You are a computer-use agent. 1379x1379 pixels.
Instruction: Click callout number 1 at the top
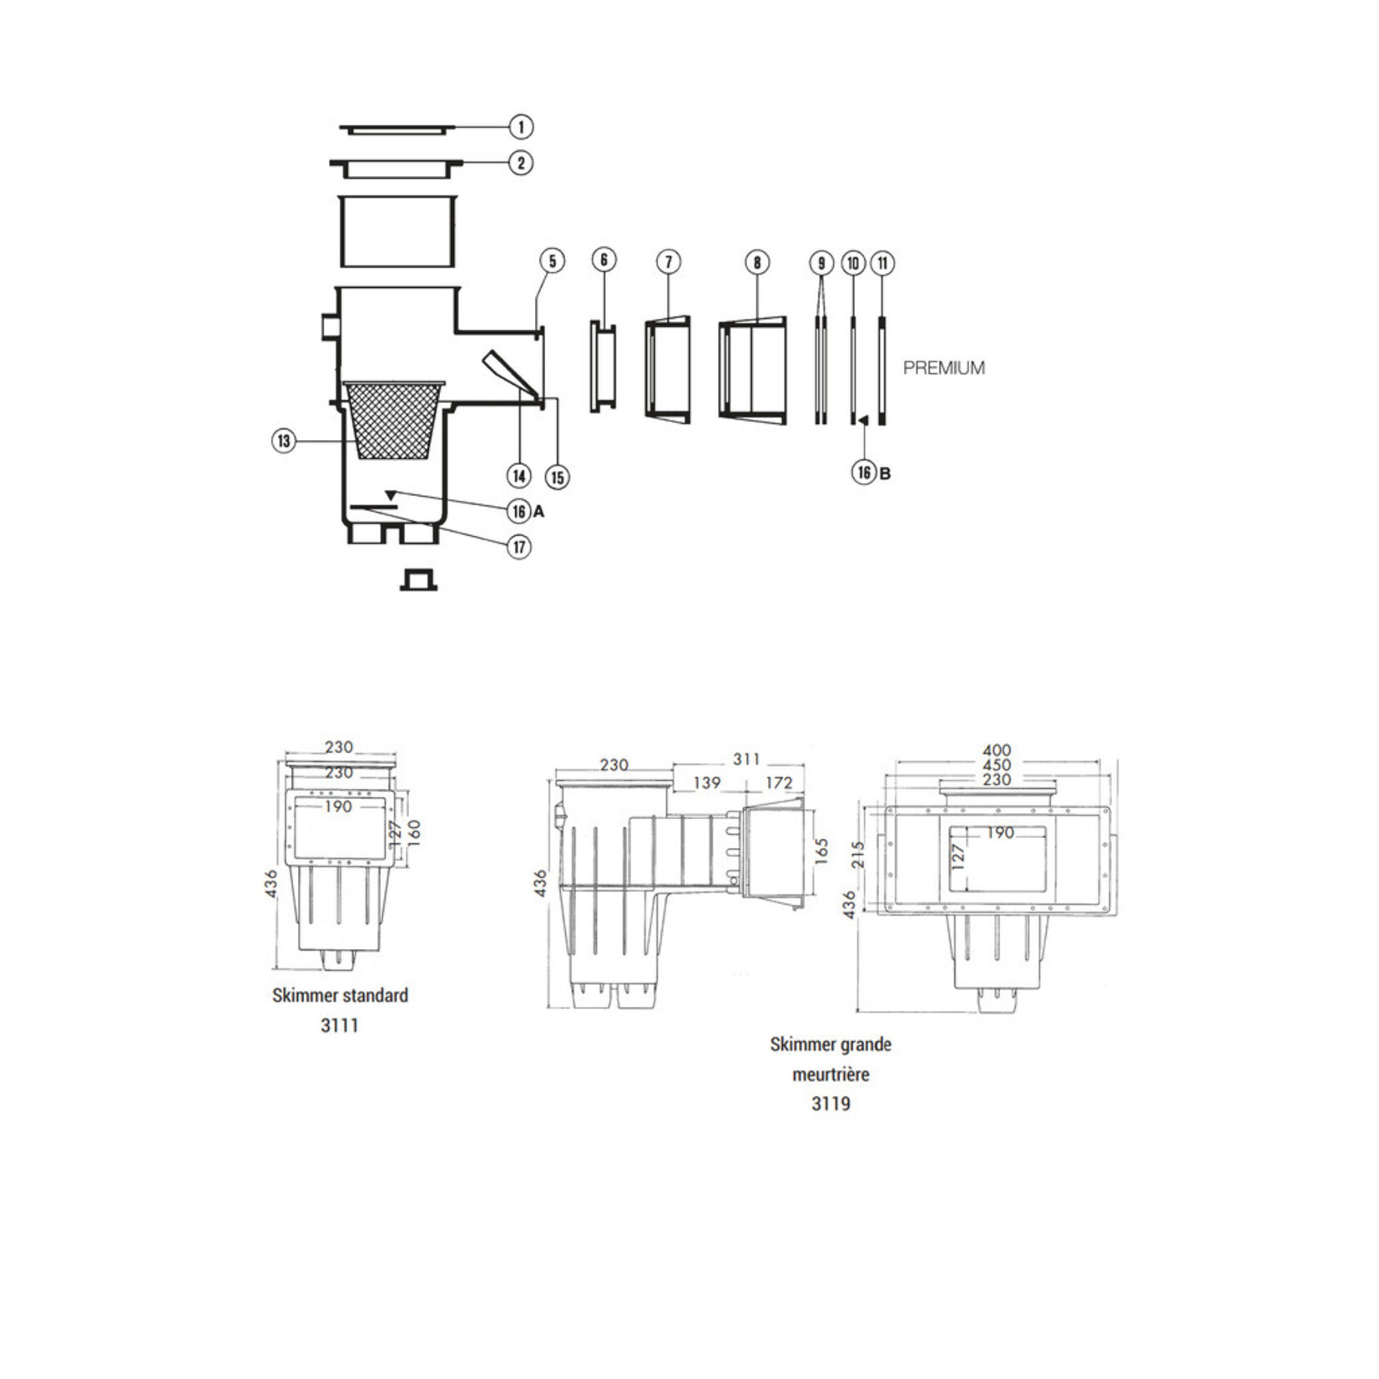[x=521, y=127]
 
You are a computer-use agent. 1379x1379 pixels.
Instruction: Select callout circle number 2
[x=521, y=163]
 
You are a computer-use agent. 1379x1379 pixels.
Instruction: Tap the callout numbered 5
[x=553, y=260]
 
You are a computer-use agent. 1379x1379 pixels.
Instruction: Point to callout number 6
[x=604, y=260]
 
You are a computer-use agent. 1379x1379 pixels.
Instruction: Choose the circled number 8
[x=757, y=263]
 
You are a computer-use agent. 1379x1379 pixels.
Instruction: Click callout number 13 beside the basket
[x=284, y=441]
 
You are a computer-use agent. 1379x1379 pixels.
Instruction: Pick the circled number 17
[x=519, y=547]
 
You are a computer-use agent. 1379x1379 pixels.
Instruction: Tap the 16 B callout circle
[x=863, y=472]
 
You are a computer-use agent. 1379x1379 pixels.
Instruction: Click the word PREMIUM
[x=944, y=367]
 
